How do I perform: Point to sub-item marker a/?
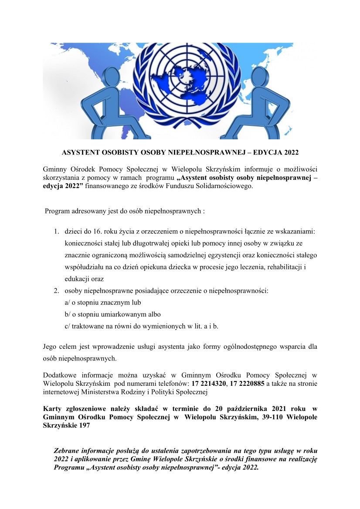pyautogui.click(x=68, y=302)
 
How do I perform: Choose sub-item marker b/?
pyautogui.click(x=68, y=314)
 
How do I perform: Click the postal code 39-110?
pyautogui.click(x=264, y=417)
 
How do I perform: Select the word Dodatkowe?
pyautogui.click(x=60, y=375)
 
